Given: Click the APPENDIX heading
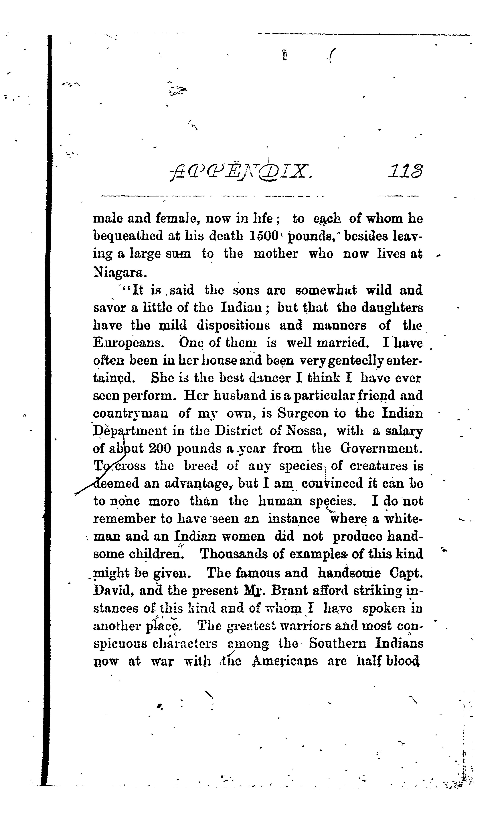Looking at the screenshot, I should [x=241, y=173].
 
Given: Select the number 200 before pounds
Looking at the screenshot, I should [x=160, y=448].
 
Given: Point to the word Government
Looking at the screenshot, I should [x=381, y=448].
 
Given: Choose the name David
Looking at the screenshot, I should [x=113, y=590].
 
